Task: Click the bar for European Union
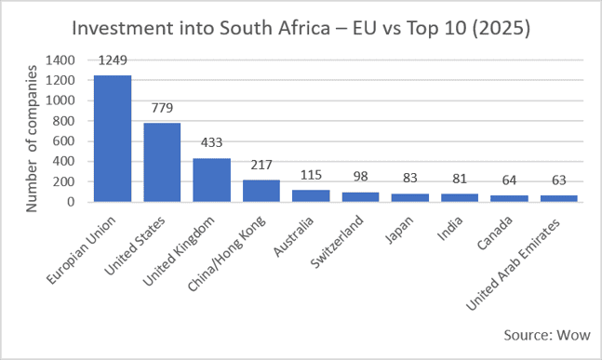tap(113, 139)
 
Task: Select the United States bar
tap(162, 163)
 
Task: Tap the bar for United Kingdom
tap(211, 180)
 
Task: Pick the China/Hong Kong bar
tap(261, 191)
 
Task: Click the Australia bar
tap(311, 195)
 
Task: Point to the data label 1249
tap(113, 60)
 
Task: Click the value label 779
tap(162, 108)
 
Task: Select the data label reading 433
tap(211, 142)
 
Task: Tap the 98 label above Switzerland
tap(360, 177)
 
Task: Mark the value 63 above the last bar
tap(559, 180)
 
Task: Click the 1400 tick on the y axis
tap(60, 60)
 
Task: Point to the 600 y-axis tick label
tap(63, 141)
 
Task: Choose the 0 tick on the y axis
tap(71, 202)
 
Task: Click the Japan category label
tap(399, 230)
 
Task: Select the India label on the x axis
tap(450, 228)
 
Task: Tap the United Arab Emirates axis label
tap(513, 265)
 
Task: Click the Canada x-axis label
tap(494, 233)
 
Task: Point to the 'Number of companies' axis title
tap(32, 139)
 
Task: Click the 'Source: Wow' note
tap(547, 335)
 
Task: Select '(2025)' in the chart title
tap(501, 29)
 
